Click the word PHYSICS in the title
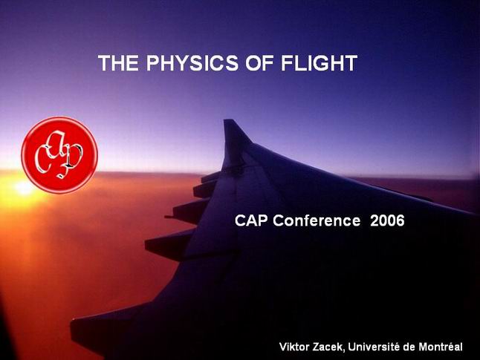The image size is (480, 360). coord(192,63)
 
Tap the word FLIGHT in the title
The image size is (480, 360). coord(319,63)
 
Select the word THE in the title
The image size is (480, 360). coord(118,63)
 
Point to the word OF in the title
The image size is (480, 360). coord(259,63)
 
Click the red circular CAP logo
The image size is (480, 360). coord(59,155)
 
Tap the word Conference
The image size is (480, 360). coord(317,220)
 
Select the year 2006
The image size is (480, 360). coord(387,220)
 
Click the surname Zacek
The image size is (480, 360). coord(329,347)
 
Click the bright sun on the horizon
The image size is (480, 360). coord(24,187)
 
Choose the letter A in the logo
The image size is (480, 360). coord(57,144)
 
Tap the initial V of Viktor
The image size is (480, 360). coord(282,347)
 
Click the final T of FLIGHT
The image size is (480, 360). coord(351,63)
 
